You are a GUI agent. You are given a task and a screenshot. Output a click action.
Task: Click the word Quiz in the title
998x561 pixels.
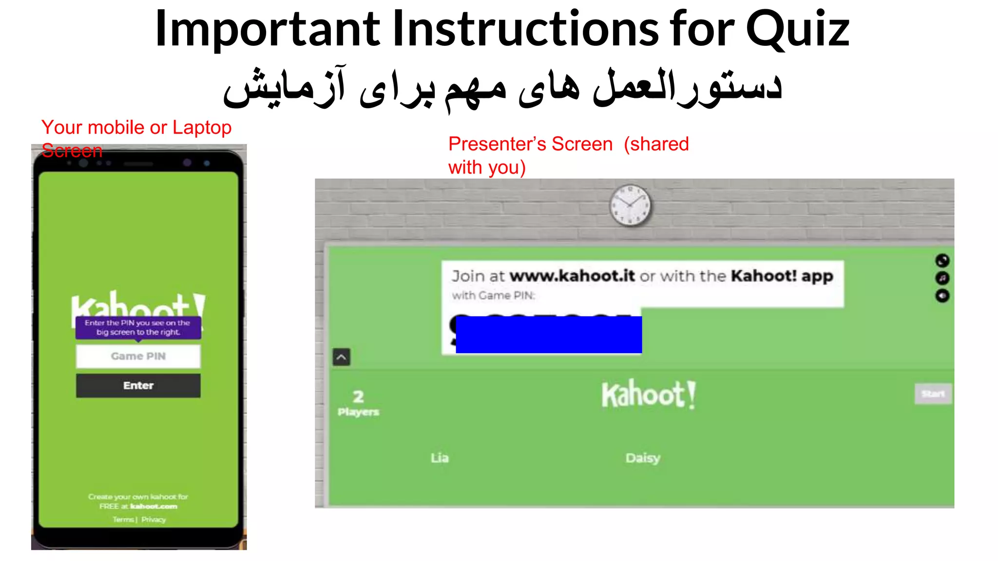(x=797, y=30)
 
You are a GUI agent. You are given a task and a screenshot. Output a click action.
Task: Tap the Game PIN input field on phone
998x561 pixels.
(x=138, y=356)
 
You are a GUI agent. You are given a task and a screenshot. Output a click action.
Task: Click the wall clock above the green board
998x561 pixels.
(x=630, y=205)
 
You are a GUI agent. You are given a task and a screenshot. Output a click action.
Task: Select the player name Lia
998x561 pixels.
(x=440, y=458)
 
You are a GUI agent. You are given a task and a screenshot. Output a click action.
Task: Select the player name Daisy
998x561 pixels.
(x=643, y=458)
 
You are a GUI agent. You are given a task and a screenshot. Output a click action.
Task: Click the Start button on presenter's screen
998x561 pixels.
(x=933, y=393)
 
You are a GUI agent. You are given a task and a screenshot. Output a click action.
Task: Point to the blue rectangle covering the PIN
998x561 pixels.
(x=549, y=335)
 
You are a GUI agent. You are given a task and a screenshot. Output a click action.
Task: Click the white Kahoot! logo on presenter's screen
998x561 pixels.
(x=648, y=394)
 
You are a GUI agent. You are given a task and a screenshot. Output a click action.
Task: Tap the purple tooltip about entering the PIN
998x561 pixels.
(x=138, y=328)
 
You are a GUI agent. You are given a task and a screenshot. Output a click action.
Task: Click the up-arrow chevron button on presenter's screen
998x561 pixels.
(x=342, y=357)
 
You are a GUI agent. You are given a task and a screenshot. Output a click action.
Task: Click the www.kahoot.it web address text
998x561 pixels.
(x=572, y=276)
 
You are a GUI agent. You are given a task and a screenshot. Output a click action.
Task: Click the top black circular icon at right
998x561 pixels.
(x=942, y=261)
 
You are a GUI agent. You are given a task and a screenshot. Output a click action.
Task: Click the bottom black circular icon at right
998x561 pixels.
(x=942, y=296)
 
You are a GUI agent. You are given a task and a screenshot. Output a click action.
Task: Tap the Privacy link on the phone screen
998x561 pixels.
(x=154, y=520)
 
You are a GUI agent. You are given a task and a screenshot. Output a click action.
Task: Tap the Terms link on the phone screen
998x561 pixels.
(x=123, y=520)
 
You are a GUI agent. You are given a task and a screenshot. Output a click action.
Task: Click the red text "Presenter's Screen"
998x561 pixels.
(x=530, y=144)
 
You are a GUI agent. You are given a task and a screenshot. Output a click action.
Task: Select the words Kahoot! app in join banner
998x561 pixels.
(x=782, y=276)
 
